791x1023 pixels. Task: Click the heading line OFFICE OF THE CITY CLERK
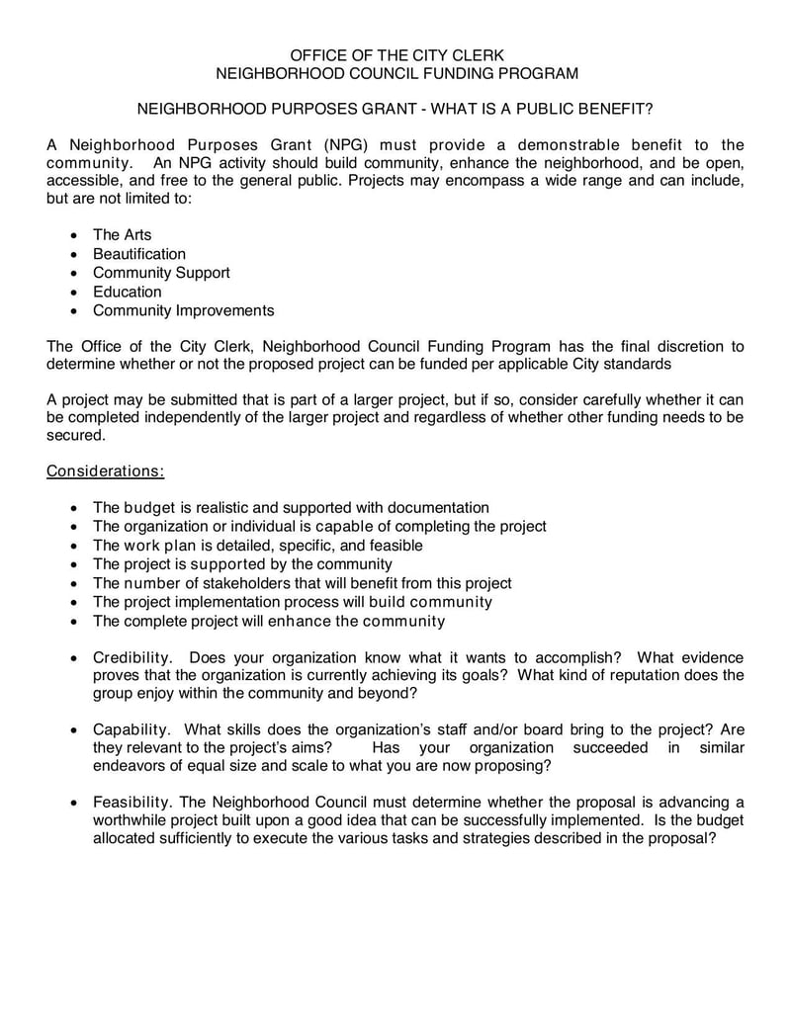coord(395,55)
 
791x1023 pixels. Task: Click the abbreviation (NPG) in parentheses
coord(346,145)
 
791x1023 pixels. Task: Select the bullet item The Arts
coord(122,234)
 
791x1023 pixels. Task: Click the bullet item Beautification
coord(138,254)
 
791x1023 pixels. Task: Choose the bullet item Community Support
coord(161,273)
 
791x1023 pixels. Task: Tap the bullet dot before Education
coord(77,293)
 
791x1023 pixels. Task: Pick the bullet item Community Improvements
coord(183,310)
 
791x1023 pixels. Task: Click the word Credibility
coord(133,658)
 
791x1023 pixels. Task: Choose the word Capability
coord(132,729)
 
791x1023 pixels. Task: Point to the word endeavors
coord(131,766)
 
